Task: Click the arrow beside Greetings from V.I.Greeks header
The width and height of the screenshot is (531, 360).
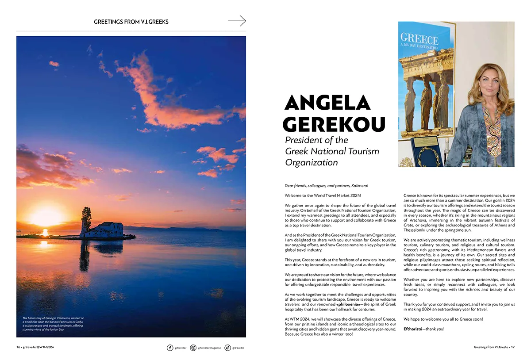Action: pos(237,21)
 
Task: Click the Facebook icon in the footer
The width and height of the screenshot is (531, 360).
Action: pos(170,348)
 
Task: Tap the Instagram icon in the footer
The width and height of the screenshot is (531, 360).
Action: pos(193,348)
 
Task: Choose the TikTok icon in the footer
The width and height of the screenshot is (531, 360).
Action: pos(227,348)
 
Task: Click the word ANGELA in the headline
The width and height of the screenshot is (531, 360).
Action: pos(327,103)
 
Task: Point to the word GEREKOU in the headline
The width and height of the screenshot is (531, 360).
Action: pos(334,124)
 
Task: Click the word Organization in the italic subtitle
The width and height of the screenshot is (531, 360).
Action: pos(311,162)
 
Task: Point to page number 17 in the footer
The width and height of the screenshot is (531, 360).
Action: pos(512,347)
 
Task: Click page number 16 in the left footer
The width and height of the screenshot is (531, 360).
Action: pos(18,347)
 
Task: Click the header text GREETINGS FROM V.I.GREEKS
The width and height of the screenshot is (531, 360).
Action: pos(131,21)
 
